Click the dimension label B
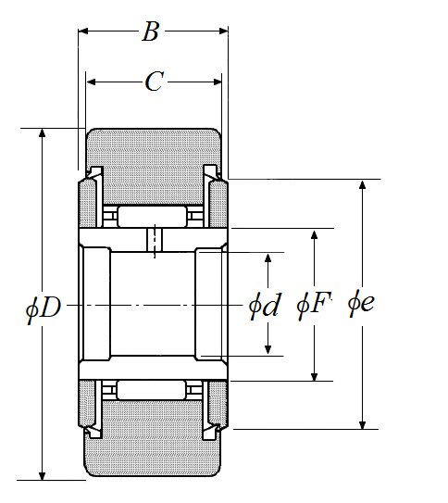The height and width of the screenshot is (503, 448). click(151, 31)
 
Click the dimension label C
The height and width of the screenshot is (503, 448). click(155, 82)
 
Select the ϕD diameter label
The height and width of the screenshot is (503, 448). click(44, 308)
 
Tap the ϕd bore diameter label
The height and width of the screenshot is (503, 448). click(265, 305)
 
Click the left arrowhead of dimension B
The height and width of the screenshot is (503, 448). click(83, 31)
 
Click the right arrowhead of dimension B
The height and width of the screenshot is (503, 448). click(223, 31)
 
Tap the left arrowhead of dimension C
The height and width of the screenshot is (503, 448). click(91, 82)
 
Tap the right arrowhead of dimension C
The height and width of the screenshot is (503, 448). click(218, 82)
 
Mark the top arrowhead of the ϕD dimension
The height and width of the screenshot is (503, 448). click(42, 132)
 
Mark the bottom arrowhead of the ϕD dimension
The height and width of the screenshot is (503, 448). click(42, 476)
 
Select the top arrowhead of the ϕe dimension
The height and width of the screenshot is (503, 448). click(362, 184)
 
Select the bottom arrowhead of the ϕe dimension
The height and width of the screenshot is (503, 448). click(362, 424)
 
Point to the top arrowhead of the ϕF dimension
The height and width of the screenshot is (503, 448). click(315, 234)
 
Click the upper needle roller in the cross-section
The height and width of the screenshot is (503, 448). click(152, 217)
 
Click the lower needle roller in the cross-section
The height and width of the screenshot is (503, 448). click(151, 390)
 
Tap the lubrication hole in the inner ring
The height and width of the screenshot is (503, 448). click(155, 240)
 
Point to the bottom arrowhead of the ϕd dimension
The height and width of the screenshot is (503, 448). click(268, 350)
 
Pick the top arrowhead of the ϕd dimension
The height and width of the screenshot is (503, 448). click(268, 258)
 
